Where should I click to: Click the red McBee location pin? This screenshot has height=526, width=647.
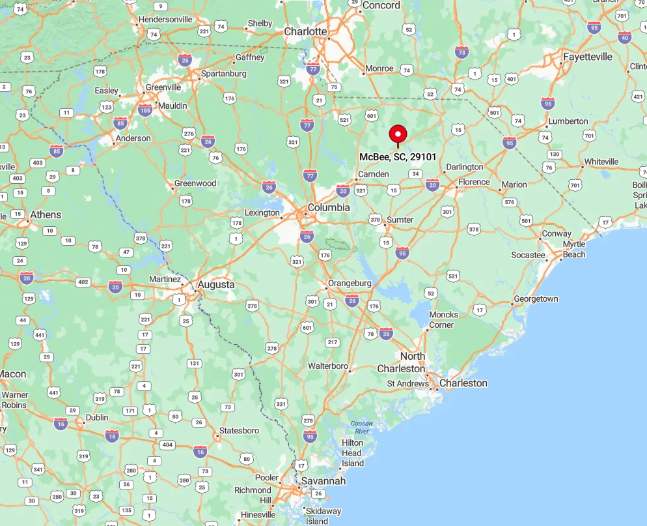[x=398, y=135]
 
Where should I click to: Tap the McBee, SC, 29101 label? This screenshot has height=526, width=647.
[x=398, y=157]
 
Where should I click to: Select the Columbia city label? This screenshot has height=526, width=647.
[x=329, y=207]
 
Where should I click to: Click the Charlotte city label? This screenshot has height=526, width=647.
[x=305, y=31]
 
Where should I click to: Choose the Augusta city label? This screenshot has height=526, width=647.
[x=215, y=285]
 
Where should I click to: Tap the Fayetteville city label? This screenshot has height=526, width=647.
[x=588, y=57]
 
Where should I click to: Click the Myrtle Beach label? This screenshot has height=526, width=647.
[x=573, y=249]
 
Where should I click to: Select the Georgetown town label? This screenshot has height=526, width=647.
[x=536, y=299]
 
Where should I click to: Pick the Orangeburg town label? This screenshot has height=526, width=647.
[x=350, y=284]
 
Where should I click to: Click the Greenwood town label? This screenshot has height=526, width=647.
[x=195, y=183]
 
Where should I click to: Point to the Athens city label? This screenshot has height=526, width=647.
[x=46, y=214]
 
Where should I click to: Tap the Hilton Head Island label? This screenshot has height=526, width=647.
[x=352, y=453]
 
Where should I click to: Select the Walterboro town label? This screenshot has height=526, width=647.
[x=328, y=366]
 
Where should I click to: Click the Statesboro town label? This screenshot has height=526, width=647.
[x=239, y=431]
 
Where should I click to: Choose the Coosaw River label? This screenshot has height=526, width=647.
[x=361, y=427]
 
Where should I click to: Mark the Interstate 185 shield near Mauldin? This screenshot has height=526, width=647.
[x=145, y=111]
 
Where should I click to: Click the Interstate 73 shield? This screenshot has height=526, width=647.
[x=461, y=52]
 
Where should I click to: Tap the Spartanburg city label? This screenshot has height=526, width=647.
[x=224, y=74]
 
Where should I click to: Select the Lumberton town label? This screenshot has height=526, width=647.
[x=568, y=121]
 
